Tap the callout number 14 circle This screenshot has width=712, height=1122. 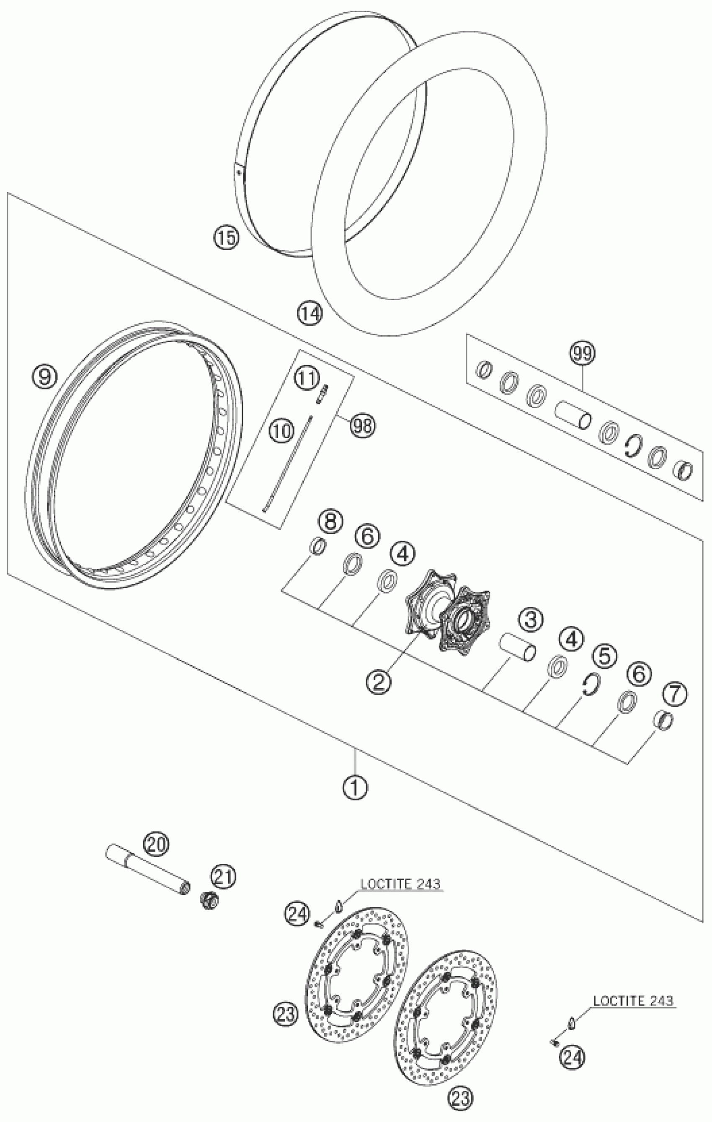click(310, 313)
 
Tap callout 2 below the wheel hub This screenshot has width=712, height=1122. click(378, 683)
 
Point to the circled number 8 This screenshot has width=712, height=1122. click(330, 521)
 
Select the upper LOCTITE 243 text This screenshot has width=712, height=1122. click(400, 884)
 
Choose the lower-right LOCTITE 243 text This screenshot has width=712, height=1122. click(633, 1000)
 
